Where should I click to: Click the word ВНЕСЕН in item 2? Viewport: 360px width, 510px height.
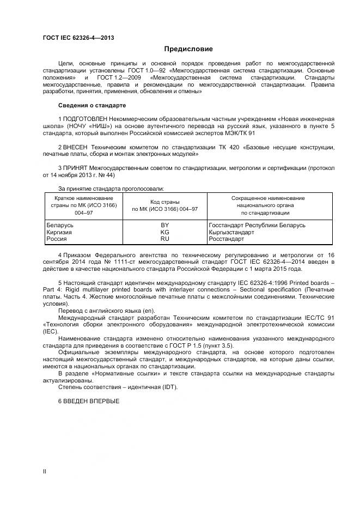(x=76, y=147)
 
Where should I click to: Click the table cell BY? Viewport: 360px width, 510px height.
(x=164, y=225)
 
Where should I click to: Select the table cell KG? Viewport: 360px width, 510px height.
(x=164, y=232)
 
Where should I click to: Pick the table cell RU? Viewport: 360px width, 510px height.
(x=164, y=239)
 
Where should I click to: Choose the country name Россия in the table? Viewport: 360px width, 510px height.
(x=57, y=239)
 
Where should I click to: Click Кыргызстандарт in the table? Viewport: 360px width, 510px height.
(x=231, y=232)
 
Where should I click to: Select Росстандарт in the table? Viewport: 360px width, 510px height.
(x=227, y=239)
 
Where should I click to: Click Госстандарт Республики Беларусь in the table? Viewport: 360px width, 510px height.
(x=257, y=225)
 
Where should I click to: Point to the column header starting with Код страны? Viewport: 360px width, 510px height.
(x=164, y=205)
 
